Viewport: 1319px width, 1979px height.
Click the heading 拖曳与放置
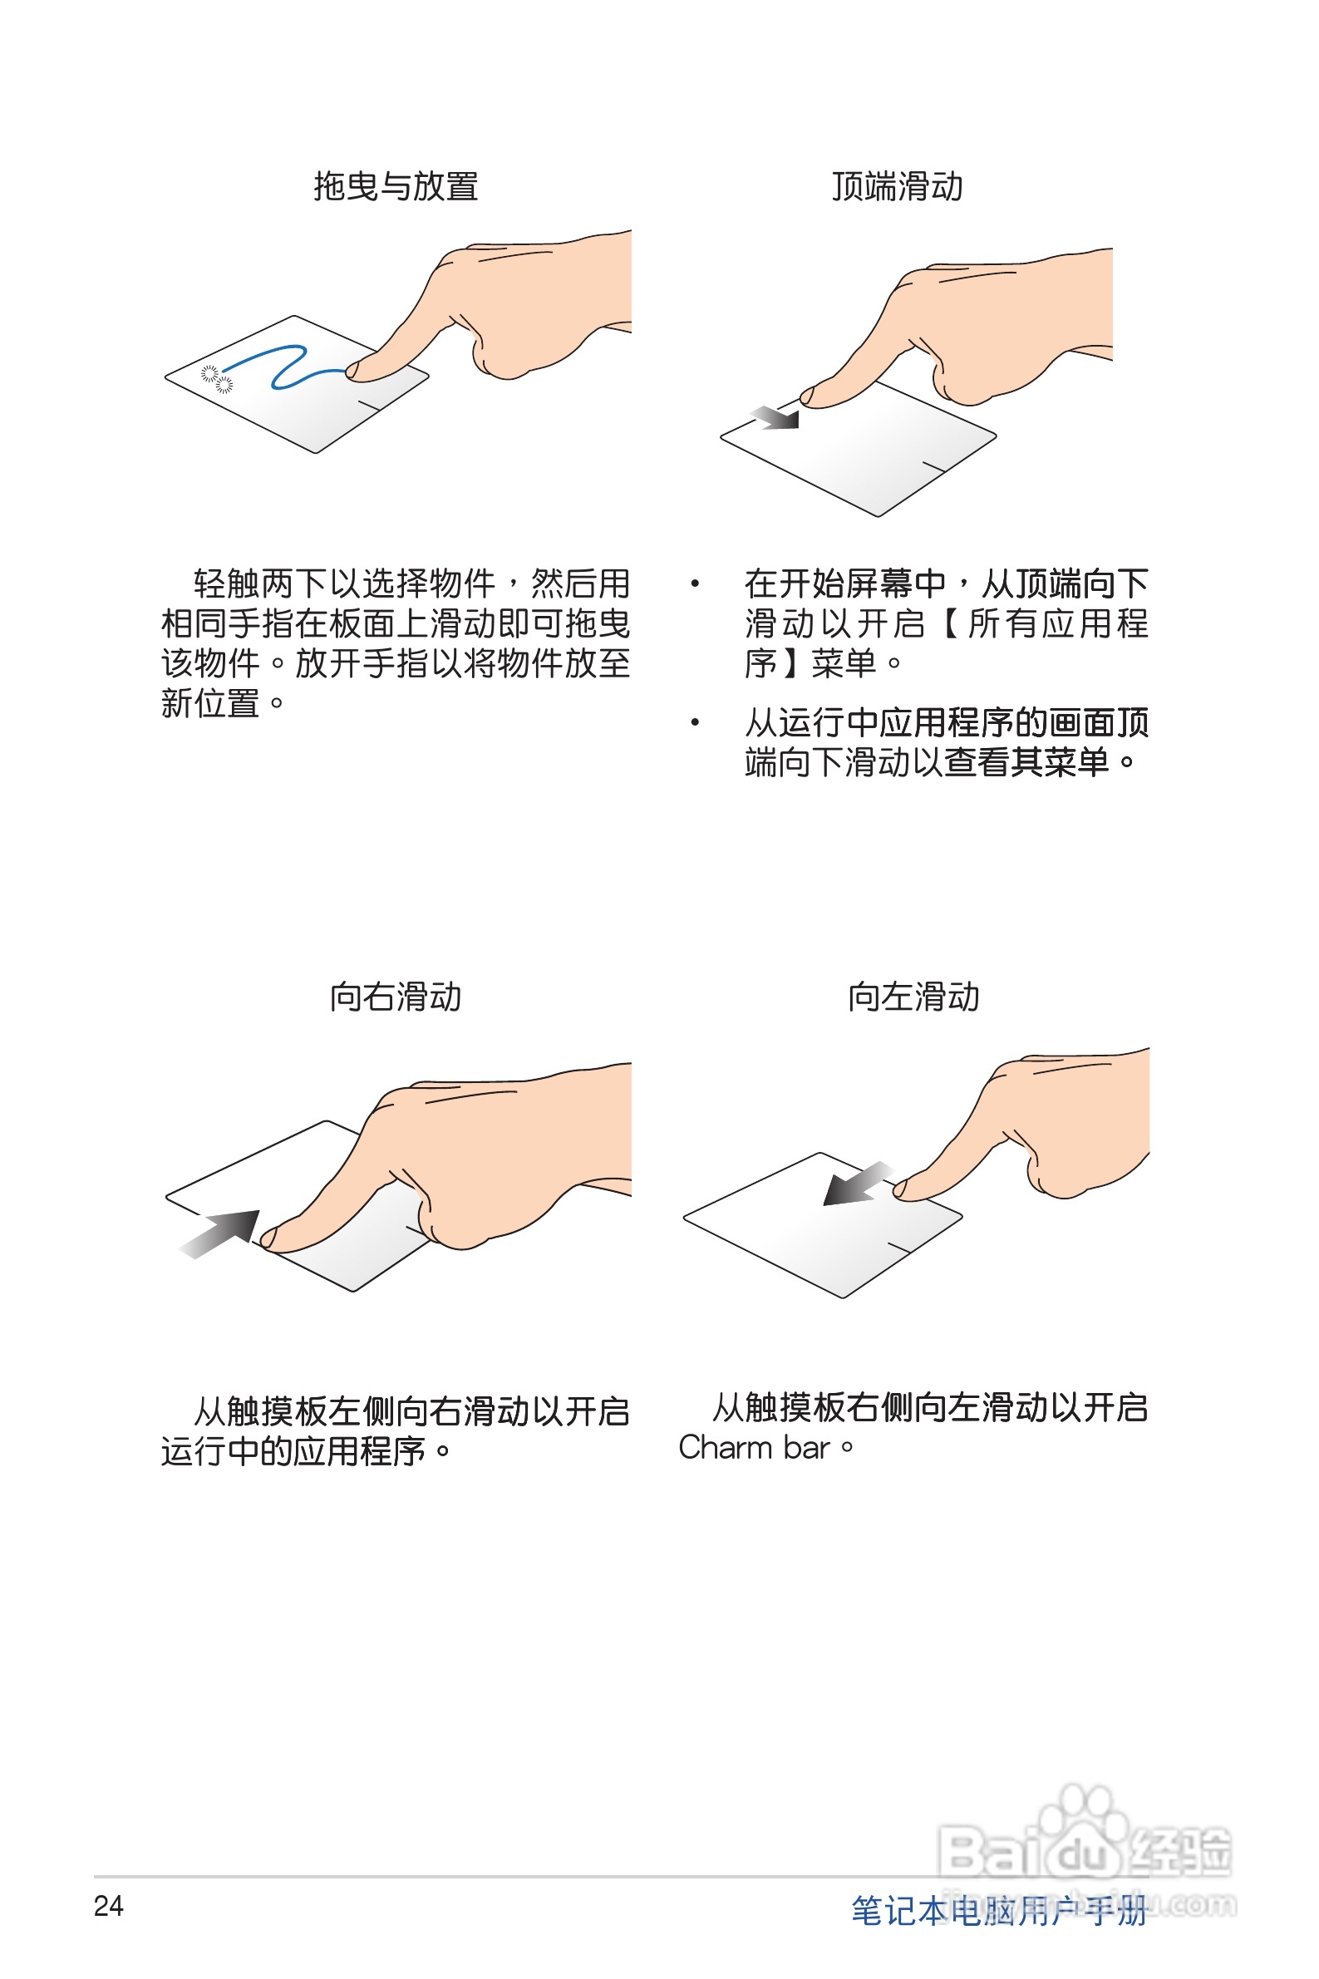coord(396,187)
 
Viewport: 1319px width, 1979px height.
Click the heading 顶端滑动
coord(897,187)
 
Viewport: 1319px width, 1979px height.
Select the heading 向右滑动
coord(396,997)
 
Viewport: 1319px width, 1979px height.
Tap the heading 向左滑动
coord(913,997)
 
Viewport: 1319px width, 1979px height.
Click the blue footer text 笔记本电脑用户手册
coord(998,1911)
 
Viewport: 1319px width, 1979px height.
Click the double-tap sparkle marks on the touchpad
coord(216,379)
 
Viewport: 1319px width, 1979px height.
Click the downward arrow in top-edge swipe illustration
coord(775,416)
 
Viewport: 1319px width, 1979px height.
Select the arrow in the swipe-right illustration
coord(221,1233)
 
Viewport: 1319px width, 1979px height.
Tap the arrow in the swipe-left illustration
coord(855,1184)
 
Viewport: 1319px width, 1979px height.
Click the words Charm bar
coord(755,1447)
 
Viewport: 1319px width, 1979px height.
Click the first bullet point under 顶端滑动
coord(695,583)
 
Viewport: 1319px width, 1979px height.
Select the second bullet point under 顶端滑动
coord(695,722)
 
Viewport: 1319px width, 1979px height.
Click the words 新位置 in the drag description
coord(210,703)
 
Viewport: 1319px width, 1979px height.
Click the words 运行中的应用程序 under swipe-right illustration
coord(293,1452)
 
